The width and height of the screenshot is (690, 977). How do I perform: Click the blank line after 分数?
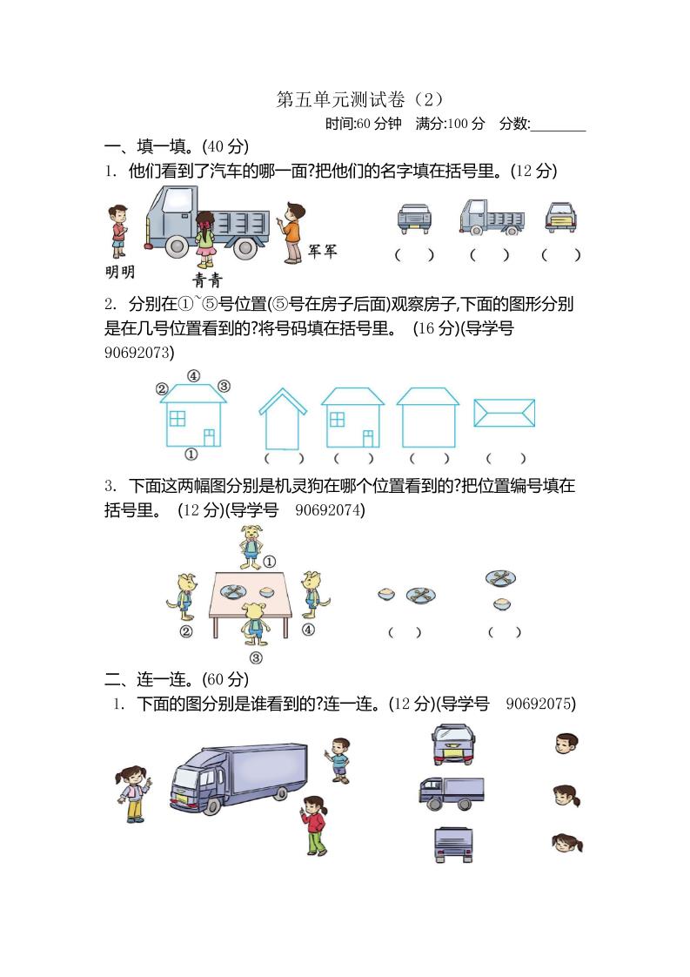558,127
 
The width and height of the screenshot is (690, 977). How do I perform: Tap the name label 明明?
119,273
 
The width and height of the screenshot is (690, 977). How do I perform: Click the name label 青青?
207,280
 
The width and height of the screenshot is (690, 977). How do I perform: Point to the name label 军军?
322,252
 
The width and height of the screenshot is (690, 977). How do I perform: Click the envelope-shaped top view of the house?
504,413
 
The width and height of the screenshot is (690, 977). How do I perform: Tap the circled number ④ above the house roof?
193,376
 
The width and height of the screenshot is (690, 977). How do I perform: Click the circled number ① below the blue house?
191,455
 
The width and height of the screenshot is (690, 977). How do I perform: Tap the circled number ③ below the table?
256,658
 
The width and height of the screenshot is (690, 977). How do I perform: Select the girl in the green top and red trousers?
315,824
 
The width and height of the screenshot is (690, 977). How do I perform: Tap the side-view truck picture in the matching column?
451,792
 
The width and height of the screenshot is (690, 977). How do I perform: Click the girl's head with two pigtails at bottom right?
566,843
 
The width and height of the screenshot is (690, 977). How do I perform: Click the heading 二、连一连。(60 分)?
177,678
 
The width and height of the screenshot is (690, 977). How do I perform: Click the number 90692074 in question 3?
330,510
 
